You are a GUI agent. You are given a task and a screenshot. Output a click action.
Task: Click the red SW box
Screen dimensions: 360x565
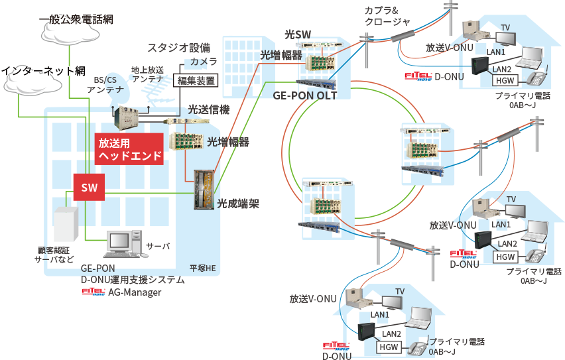click(89, 188)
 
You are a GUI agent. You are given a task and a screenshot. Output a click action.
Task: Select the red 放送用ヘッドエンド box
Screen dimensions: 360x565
click(130, 149)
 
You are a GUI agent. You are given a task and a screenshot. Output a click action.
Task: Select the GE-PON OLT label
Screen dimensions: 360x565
click(305, 95)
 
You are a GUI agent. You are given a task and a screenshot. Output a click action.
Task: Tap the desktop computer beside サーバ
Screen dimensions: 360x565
click(121, 242)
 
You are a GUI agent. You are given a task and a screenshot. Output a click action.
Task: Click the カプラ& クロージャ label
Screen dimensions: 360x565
click(387, 16)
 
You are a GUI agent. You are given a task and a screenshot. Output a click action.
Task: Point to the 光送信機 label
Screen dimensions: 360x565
click(209, 109)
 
